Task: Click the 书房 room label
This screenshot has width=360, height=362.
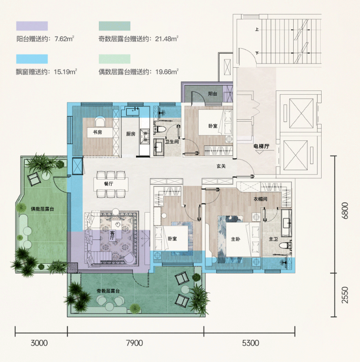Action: [x=97, y=132]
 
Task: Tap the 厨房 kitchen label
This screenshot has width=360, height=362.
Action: [x=130, y=133]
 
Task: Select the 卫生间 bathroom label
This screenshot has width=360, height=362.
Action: [x=172, y=142]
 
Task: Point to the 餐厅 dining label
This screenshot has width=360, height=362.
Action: [x=108, y=184]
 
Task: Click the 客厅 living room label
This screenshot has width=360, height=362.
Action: [x=112, y=236]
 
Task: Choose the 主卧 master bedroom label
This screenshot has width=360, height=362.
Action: [x=236, y=239]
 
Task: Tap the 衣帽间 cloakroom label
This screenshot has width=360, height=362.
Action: [x=260, y=199]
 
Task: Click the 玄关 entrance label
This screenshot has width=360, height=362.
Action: [x=221, y=166]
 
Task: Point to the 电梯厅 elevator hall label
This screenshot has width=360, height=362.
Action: [x=261, y=146]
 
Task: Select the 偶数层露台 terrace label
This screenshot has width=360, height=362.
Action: [x=43, y=209]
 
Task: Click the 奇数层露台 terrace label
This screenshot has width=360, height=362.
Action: [x=108, y=291]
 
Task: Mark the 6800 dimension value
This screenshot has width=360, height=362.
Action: [x=344, y=211]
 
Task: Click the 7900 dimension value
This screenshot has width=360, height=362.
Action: [x=134, y=343]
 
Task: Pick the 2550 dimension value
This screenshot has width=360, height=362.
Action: [x=344, y=295]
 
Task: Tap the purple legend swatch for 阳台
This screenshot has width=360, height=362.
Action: [x=32, y=26]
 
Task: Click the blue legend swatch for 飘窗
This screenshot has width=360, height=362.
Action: [x=32, y=59]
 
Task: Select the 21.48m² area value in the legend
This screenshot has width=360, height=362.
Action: [x=167, y=38]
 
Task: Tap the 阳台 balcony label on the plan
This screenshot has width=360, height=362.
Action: [x=212, y=94]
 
